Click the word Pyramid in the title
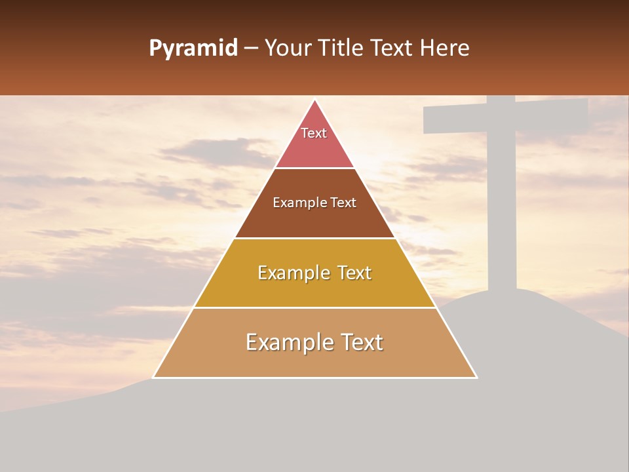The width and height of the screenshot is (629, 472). coord(193,49)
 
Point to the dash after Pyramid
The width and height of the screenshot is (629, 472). coord(251,49)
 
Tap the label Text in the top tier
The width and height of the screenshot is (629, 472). coord(314,133)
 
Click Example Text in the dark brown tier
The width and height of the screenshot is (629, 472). coord(314,203)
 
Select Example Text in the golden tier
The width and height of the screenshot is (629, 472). coord(314,273)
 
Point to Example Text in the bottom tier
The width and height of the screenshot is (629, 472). coord(314,342)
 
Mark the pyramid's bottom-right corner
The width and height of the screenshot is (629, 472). coord(476,377)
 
